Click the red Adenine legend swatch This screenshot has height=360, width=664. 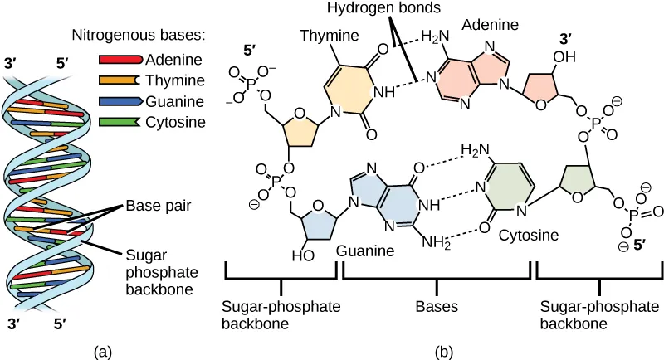[120, 61]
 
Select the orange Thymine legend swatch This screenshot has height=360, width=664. [120, 81]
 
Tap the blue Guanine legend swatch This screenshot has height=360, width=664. [120, 102]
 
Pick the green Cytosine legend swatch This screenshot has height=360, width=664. [120, 123]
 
